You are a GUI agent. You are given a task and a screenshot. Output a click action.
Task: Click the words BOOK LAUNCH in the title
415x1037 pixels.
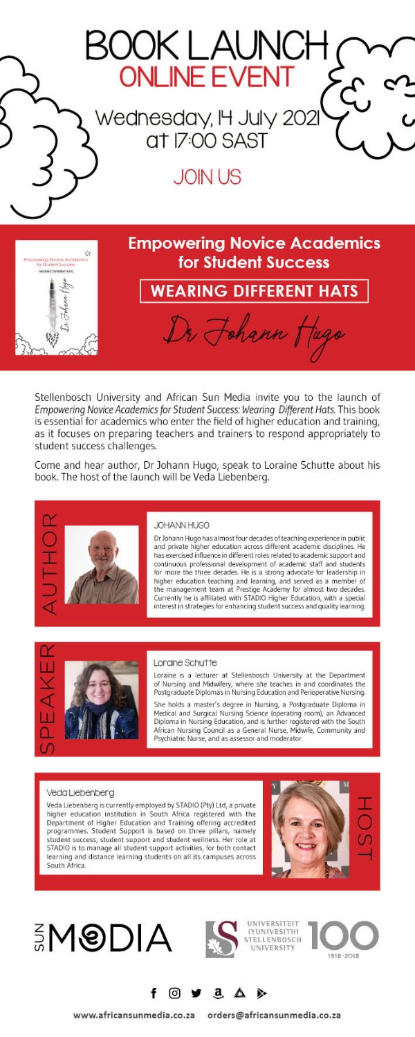pyautogui.click(x=206, y=47)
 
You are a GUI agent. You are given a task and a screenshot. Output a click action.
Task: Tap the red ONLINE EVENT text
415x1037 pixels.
pyautogui.click(x=206, y=77)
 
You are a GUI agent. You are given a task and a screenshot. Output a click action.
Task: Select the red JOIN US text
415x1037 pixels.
pyautogui.click(x=207, y=177)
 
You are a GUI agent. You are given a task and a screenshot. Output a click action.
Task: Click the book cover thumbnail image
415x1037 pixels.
pyautogui.click(x=57, y=297)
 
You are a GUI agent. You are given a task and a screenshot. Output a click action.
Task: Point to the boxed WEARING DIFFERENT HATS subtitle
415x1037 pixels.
pyautogui.click(x=254, y=291)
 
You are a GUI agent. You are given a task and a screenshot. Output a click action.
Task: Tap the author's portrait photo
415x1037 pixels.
pyautogui.click(x=102, y=565)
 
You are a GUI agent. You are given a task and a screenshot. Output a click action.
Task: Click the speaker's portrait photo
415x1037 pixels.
pyautogui.click(x=102, y=700)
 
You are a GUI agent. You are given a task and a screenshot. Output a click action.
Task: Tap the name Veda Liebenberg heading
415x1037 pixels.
pyautogui.click(x=80, y=792)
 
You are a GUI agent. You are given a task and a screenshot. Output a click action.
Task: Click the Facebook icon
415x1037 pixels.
pyautogui.click(x=154, y=993)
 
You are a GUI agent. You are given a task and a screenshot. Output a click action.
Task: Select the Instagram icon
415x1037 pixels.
pyautogui.click(x=175, y=993)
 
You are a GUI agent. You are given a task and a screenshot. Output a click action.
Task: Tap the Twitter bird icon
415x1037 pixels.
pyautogui.click(x=196, y=993)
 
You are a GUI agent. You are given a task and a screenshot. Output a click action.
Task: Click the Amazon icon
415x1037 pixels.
pyautogui.click(x=218, y=993)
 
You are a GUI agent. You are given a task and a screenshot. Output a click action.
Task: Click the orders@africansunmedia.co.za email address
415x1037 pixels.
pyautogui.click(x=274, y=1015)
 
